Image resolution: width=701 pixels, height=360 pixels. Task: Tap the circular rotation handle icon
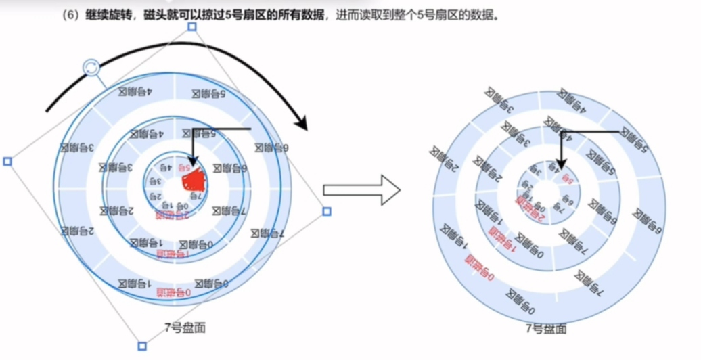click(90, 66)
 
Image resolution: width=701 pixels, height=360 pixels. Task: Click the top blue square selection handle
click(191, 26)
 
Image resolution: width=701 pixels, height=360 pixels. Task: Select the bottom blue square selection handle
click(142, 346)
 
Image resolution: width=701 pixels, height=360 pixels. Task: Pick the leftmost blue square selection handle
click(7, 161)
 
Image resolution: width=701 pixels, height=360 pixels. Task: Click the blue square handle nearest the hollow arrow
click(326, 212)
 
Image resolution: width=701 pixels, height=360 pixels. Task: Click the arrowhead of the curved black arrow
click(300, 124)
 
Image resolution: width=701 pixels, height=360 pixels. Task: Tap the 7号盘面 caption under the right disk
click(545, 330)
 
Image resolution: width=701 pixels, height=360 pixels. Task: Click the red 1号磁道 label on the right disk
click(501, 240)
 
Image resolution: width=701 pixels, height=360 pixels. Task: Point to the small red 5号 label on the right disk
click(568, 180)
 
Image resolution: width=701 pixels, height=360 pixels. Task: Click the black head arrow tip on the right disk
click(560, 168)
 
